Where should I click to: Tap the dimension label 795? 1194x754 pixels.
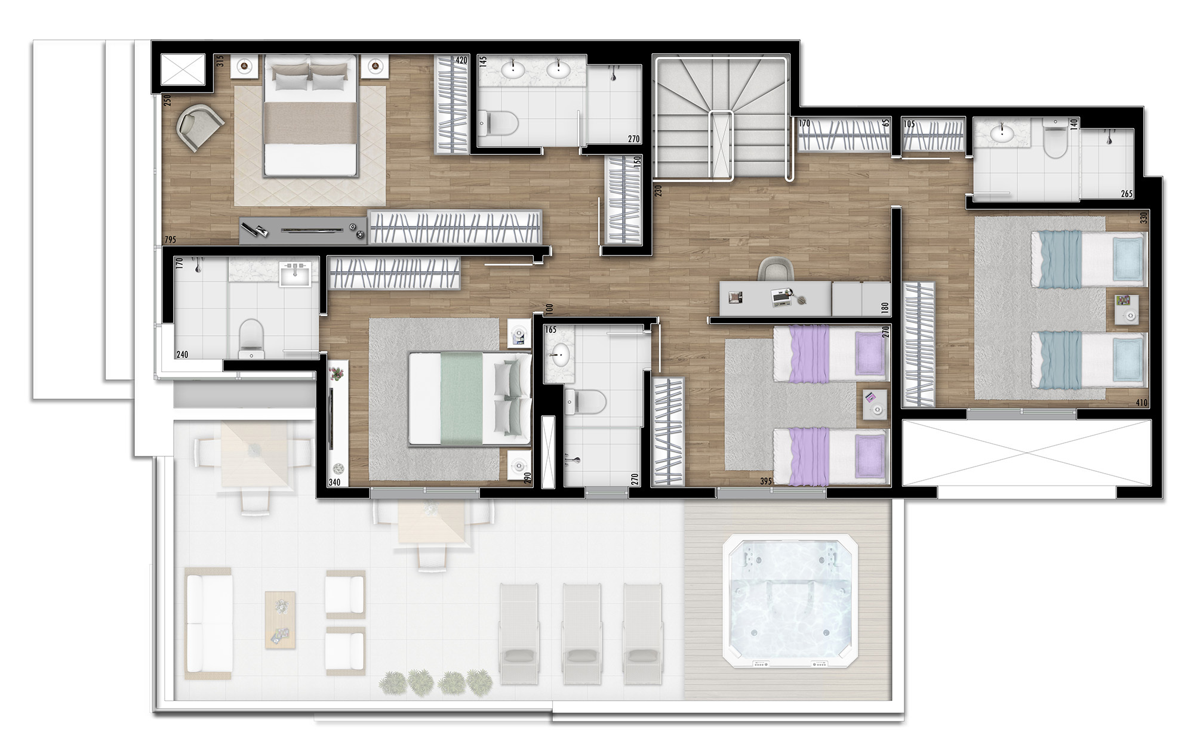[x=170, y=240]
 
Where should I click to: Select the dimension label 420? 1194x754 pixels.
[x=461, y=60]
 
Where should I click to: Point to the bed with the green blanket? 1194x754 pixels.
[x=470, y=398]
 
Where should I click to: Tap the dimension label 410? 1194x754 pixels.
[x=1141, y=403]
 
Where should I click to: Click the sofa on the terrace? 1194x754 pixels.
[x=208, y=623]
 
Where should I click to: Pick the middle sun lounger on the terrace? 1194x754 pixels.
[x=581, y=633]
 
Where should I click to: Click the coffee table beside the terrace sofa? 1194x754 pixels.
[x=280, y=620]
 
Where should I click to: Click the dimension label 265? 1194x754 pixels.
[x=1127, y=193]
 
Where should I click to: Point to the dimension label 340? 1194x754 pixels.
[x=334, y=483]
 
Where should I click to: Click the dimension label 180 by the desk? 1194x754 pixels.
[x=885, y=308]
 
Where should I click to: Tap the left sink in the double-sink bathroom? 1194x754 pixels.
[x=513, y=70]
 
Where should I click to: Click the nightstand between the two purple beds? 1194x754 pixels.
[x=875, y=404]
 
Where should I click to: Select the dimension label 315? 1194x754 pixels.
[x=220, y=61]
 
